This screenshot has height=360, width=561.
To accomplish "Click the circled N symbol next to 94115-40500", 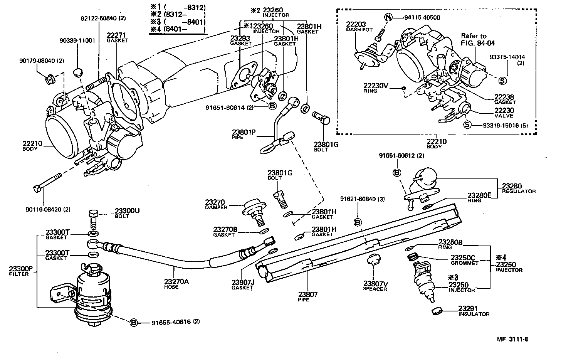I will tap(389, 17).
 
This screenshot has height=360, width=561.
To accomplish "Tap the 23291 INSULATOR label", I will tap(474, 311).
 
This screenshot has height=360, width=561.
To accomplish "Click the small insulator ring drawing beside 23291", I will tap(437, 311).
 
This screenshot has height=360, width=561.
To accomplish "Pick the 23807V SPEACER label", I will tap(375, 286).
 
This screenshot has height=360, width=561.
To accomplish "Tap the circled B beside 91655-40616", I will tap(133, 322).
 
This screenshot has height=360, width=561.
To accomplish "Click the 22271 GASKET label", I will tap(117, 37).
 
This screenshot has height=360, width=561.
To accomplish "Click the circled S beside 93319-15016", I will tap(467, 124).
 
